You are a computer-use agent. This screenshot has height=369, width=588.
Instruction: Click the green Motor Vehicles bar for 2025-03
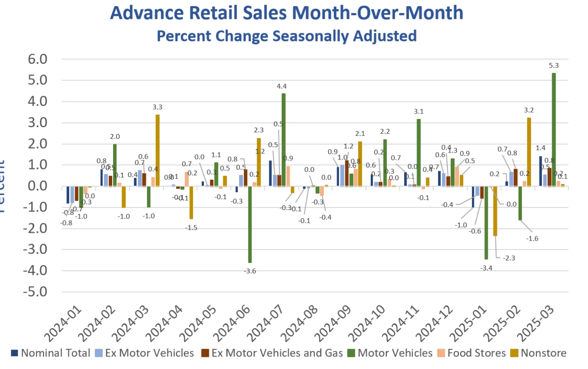[554, 129]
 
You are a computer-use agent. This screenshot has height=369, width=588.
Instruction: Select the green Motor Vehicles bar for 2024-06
[250, 224]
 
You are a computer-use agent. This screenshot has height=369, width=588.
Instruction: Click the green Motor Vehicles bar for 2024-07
[284, 140]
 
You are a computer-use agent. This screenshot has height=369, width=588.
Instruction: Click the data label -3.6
[250, 271]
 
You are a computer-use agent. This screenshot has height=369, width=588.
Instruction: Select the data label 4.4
[281, 86]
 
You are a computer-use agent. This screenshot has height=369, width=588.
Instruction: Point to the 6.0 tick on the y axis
[34, 59]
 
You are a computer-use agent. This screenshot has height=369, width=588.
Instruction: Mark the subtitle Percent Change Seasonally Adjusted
[286, 35]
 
